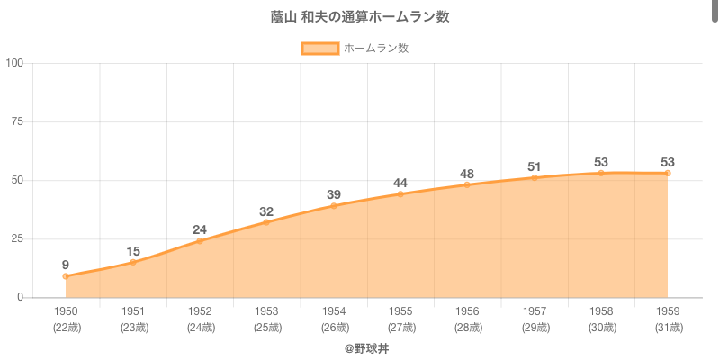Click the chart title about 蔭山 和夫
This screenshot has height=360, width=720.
(360, 17)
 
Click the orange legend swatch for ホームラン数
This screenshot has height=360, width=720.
(319, 49)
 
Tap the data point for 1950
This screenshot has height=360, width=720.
(66, 276)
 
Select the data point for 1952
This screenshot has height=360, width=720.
(200, 241)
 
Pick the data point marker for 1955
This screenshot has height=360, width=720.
(400, 194)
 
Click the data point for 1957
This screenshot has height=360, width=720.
(534, 177)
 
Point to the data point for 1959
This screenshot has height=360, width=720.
(668, 173)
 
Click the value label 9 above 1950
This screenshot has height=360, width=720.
(66, 265)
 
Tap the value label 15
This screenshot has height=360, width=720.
(133, 251)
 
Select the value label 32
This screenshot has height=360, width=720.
(266, 211)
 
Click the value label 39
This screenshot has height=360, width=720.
(334, 194)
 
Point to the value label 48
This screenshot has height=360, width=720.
(467, 174)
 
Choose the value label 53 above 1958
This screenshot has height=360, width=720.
(601, 162)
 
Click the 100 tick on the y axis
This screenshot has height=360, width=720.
(14, 63)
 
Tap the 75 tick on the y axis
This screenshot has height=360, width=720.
(17, 121)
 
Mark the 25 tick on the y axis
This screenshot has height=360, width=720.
(17, 238)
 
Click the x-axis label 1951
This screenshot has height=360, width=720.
(133, 311)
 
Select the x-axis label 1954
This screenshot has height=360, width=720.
(334, 311)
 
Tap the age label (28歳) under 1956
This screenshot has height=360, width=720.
(467, 327)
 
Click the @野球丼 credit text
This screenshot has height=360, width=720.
(366, 347)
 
